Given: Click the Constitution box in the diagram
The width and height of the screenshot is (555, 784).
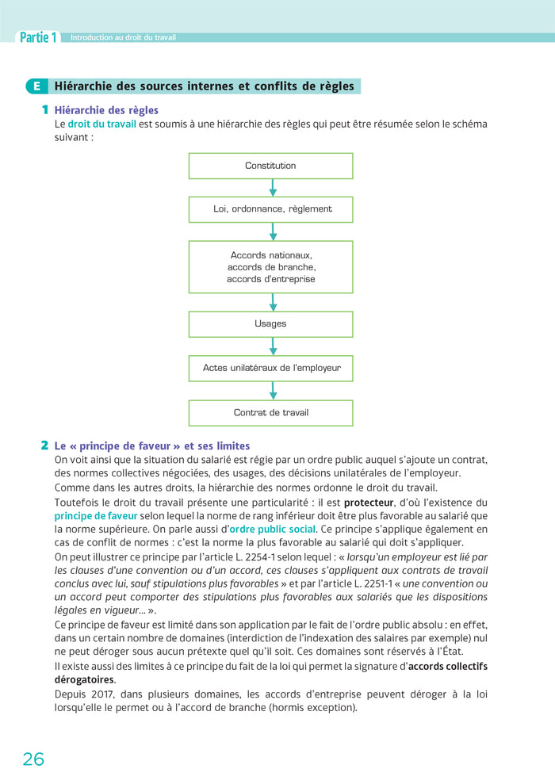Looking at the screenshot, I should tap(270, 166).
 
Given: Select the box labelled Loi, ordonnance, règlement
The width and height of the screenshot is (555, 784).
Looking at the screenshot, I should tap(270, 209).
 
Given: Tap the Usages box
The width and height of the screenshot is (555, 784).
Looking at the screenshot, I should tap(270, 323).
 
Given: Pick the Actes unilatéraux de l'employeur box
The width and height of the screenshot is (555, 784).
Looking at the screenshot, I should tap(270, 368).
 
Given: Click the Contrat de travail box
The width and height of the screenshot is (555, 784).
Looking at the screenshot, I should tap(270, 412).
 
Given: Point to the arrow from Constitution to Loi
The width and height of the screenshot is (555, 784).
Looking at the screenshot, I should tap(273, 188).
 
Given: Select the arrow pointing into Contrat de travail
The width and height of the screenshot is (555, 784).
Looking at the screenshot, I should tap(273, 391).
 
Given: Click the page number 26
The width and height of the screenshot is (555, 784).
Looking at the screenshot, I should tap(33, 759).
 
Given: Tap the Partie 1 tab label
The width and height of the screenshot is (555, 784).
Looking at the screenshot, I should tap(38, 37).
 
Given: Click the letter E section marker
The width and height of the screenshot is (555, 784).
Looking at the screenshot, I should tap(36, 86).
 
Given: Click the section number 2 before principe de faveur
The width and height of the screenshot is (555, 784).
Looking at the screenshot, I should tap(45, 446).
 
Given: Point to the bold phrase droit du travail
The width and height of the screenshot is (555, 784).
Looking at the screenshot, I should tap(101, 124).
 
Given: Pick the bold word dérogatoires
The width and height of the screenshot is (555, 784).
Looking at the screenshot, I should tap(84, 679).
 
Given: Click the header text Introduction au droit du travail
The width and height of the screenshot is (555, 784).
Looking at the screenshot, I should tap(123, 37).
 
